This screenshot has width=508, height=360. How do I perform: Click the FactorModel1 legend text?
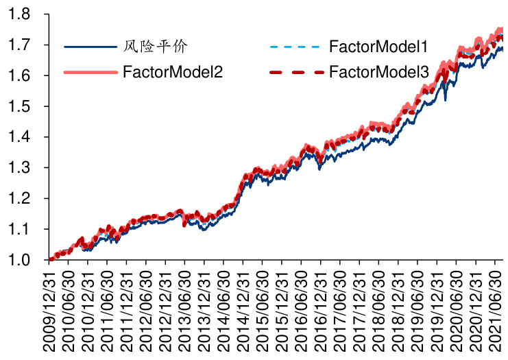tap(378, 47)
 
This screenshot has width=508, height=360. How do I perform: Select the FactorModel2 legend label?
tap(173, 71)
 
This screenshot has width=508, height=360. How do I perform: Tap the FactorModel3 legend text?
tap(378, 71)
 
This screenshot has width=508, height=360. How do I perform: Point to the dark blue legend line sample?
tap(90, 47)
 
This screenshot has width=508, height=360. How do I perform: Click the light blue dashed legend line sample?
tap(295, 47)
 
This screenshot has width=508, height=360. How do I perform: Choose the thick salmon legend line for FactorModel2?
tap(90, 71)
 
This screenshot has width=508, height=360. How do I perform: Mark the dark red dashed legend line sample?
tap(295, 71)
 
